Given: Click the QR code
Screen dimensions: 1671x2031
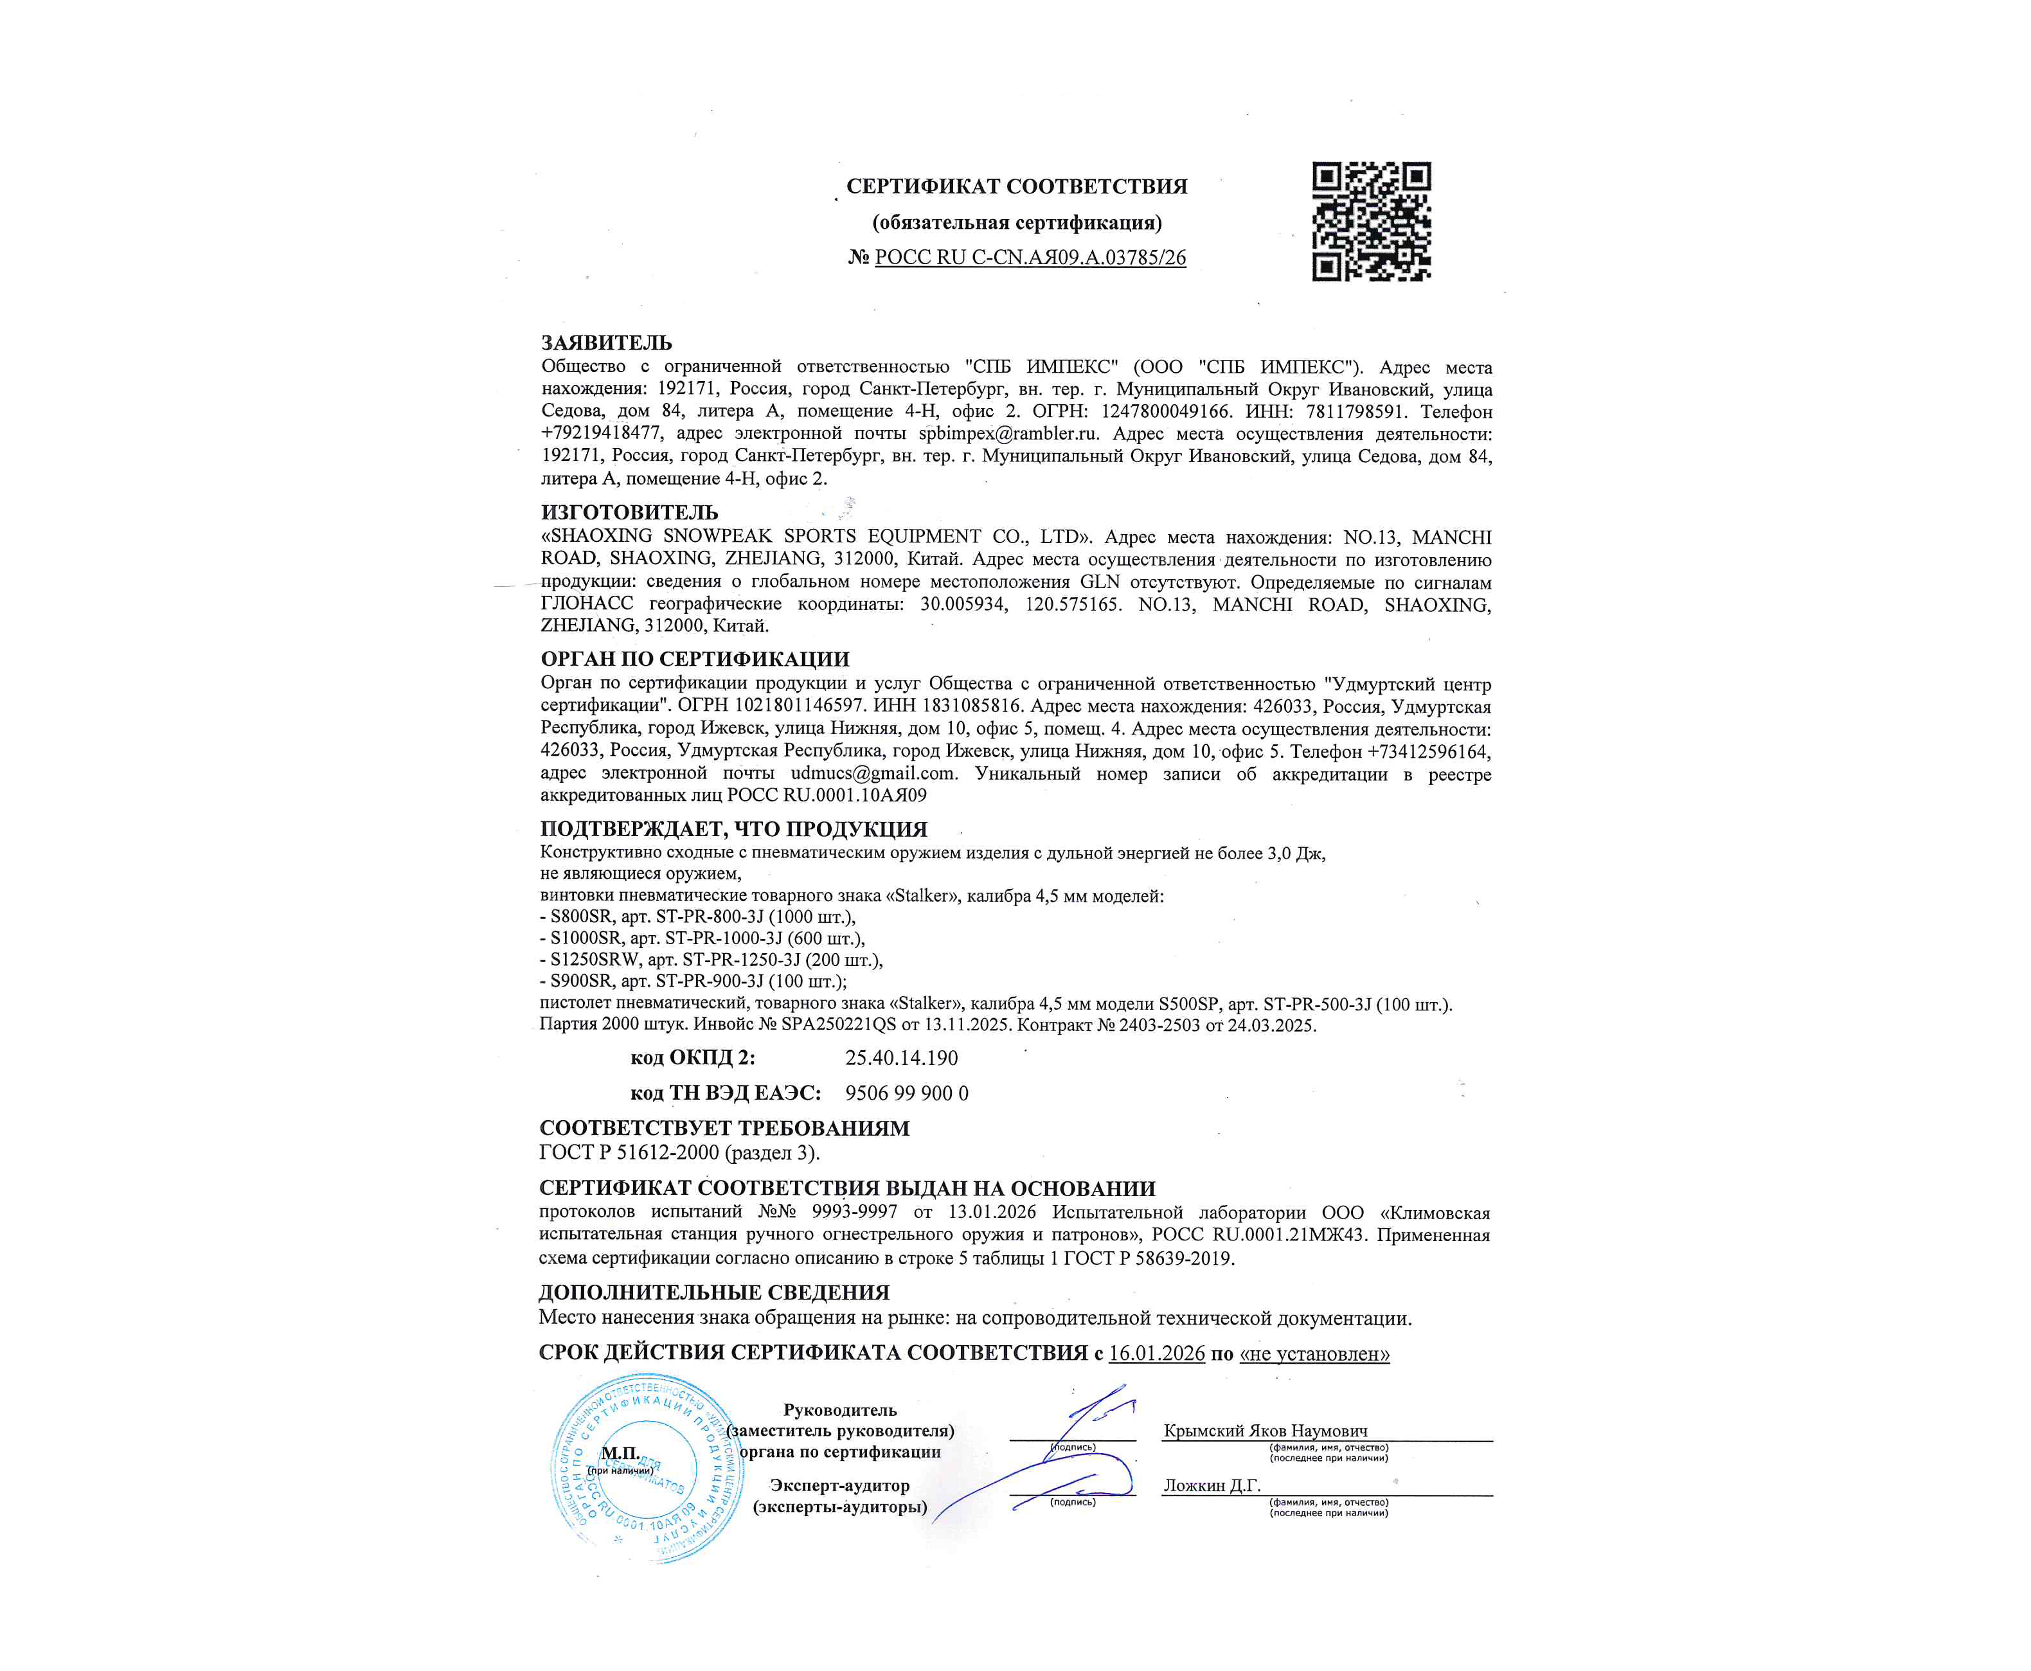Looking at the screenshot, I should (1371, 221).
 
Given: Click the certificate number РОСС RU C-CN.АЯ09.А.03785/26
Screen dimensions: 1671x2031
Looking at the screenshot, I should (1030, 258).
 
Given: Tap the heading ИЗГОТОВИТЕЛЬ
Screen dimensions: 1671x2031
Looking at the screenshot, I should (629, 512).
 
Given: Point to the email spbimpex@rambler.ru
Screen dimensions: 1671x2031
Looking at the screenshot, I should (1008, 434).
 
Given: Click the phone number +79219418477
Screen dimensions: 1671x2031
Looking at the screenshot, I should (602, 434).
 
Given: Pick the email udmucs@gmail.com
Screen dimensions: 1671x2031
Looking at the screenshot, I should (873, 774).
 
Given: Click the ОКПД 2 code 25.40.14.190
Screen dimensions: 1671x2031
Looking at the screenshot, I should (901, 1059).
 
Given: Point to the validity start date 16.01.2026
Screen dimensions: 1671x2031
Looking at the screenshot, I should (1156, 1354).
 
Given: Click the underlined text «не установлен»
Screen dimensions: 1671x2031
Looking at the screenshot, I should (1314, 1354).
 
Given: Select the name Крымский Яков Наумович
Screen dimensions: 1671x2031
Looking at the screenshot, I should (1265, 1431).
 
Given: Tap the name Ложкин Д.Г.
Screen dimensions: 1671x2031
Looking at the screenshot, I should (1212, 1486).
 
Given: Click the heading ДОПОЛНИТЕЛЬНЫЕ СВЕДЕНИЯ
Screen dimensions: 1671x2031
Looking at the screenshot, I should (714, 1292).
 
